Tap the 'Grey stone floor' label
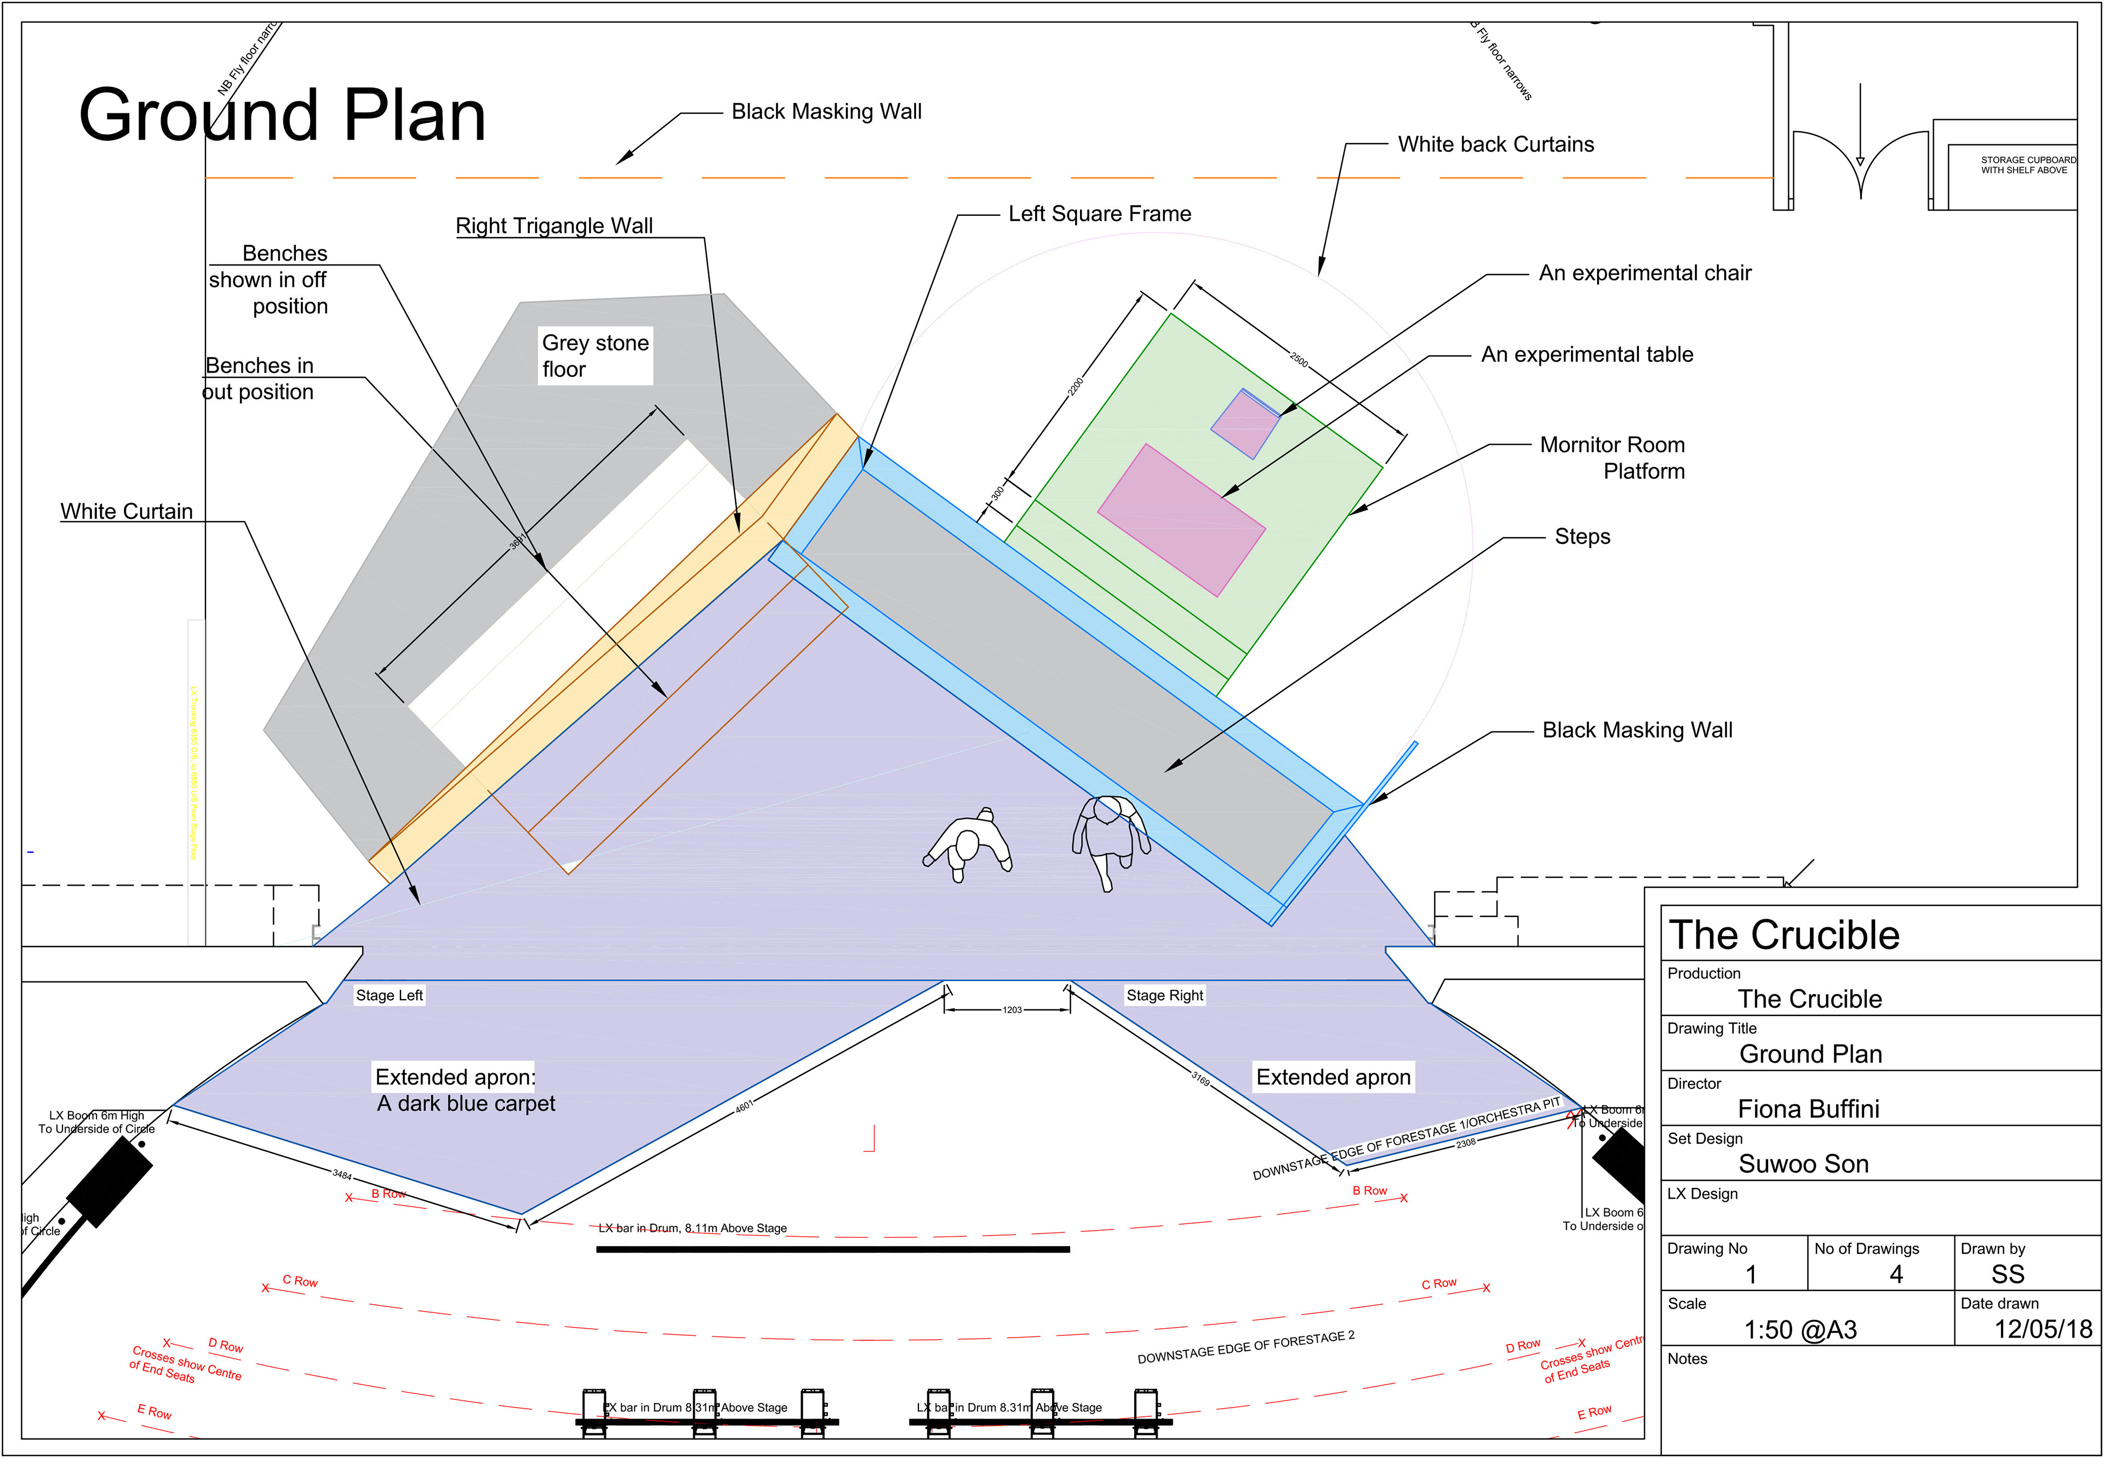(x=595, y=355)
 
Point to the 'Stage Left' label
(x=390, y=995)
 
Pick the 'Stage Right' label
(x=1164, y=995)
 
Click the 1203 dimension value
(x=1012, y=1009)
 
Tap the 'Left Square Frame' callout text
(x=1100, y=214)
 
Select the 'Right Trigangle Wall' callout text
(x=554, y=226)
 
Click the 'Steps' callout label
(x=1582, y=536)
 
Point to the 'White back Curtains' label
(x=1495, y=145)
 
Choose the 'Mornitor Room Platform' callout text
(x=1613, y=458)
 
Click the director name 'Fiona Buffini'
(x=1808, y=1109)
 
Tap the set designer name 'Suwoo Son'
(x=1803, y=1164)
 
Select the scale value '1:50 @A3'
(x=1800, y=1329)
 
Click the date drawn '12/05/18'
(x=2043, y=1329)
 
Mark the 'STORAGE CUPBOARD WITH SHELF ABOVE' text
(x=2027, y=164)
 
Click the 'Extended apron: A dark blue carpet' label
(x=465, y=1090)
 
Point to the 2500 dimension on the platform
(x=1299, y=358)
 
